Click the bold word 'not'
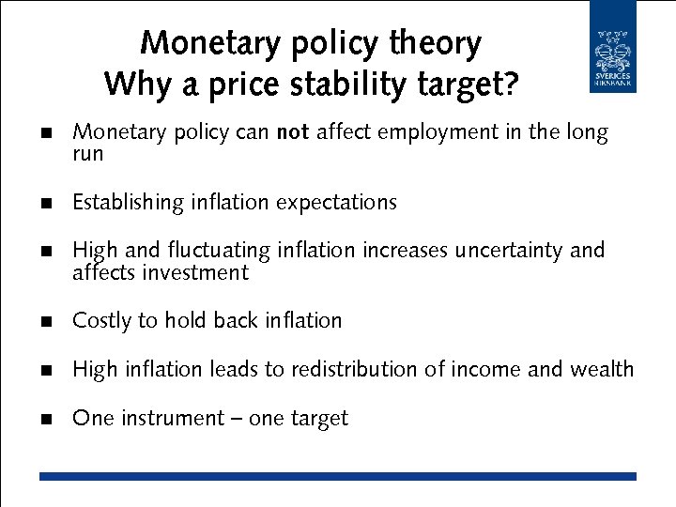point(293,133)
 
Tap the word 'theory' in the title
point(436,44)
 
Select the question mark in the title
point(510,84)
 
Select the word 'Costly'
point(102,321)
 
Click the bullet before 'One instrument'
point(45,420)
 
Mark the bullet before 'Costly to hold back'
point(45,322)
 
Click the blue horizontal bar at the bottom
point(337,476)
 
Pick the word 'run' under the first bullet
point(87,154)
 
